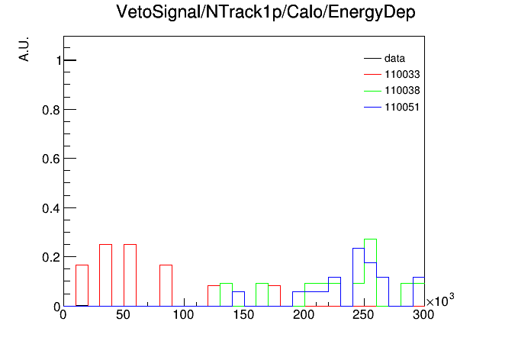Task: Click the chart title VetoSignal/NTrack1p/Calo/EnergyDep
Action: (x=265, y=12)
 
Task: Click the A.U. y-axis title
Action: (x=24, y=50)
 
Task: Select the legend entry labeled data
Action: (x=385, y=59)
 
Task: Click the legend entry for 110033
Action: (x=392, y=74)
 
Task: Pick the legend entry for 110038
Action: (x=392, y=91)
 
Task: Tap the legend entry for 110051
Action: (x=392, y=108)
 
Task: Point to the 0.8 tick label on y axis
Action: (x=51, y=110)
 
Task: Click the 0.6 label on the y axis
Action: (x=51, y=159)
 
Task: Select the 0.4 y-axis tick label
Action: (x=51, y=208)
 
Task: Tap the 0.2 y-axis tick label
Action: (x=51, y=257)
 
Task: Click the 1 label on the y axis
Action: (x=59, y=60)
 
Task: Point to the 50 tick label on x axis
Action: (x=123, y=315)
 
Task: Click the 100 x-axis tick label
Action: (x=183, y=315)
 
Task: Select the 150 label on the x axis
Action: (x=243, y=315)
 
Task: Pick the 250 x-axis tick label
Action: (x=363, y=315)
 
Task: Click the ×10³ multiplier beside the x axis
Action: (x=440, y=300)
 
